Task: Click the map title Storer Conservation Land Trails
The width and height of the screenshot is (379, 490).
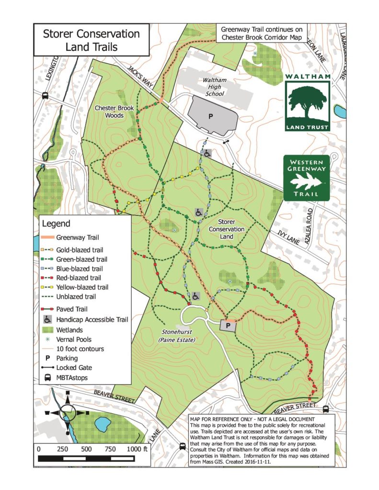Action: [91, 40]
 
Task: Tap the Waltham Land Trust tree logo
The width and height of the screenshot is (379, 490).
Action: [307, 102]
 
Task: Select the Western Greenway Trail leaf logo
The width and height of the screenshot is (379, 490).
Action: [307, 178]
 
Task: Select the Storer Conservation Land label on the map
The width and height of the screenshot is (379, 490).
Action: [227, 229]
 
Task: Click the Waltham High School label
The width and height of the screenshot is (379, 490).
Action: [214, 87]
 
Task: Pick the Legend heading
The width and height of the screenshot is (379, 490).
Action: [56, 223]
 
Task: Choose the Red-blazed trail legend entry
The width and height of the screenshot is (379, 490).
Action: [78, 278]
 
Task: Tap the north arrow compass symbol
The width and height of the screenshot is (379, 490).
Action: [68, 412]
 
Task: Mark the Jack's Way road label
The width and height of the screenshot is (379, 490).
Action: [140, 76]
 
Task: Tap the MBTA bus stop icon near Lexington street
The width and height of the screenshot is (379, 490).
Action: [45, 95]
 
